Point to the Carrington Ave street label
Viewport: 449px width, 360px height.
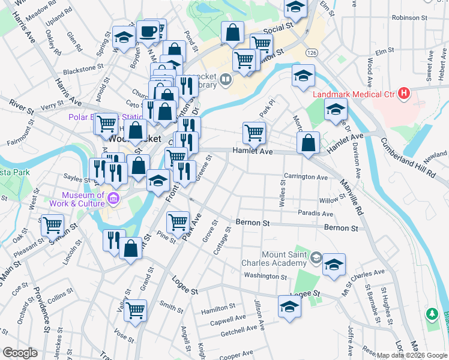(306, 178)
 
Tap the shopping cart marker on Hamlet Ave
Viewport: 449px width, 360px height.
(254, 132)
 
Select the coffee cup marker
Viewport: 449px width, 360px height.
(148, 31)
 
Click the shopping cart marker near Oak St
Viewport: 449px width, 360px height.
(52, 225)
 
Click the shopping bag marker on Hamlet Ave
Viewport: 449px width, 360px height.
(308, 143)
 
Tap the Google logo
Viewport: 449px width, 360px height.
(20, 353)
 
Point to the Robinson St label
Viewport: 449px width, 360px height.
(409, 18)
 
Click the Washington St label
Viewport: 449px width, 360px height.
(265, 276)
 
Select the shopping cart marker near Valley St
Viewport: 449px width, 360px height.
(136, 310)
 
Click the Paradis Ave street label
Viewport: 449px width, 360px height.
(315, 214)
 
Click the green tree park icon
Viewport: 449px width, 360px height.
(431, 313)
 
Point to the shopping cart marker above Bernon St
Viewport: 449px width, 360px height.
(178, 223)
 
